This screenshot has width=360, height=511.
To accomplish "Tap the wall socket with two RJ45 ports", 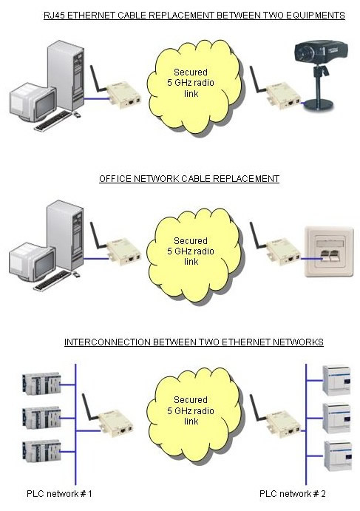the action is [329, 252].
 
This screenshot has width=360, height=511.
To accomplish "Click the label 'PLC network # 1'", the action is [59, 494].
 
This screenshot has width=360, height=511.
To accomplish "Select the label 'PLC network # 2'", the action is [292, 494].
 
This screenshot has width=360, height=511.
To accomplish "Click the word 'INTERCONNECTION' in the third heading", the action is [108, 342].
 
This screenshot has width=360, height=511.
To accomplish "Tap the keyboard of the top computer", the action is [54, 121].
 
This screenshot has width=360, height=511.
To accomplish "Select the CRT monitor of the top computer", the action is [32, 101].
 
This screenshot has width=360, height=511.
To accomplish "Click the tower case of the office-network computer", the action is [65, 234].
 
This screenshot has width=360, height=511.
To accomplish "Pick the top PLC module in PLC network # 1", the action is [41, 384].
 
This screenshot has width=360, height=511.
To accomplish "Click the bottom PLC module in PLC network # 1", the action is [41, 451].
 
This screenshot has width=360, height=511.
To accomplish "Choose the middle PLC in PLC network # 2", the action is [337, 418].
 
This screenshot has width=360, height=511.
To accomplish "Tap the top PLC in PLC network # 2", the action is [337, 380].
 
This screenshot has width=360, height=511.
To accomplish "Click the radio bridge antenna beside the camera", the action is [257, 80].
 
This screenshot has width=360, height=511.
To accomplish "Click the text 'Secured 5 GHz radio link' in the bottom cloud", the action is [191, 410].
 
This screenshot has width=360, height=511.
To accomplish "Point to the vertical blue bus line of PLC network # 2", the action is [306, 424].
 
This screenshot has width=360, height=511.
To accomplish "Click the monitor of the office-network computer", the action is [32, 261].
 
